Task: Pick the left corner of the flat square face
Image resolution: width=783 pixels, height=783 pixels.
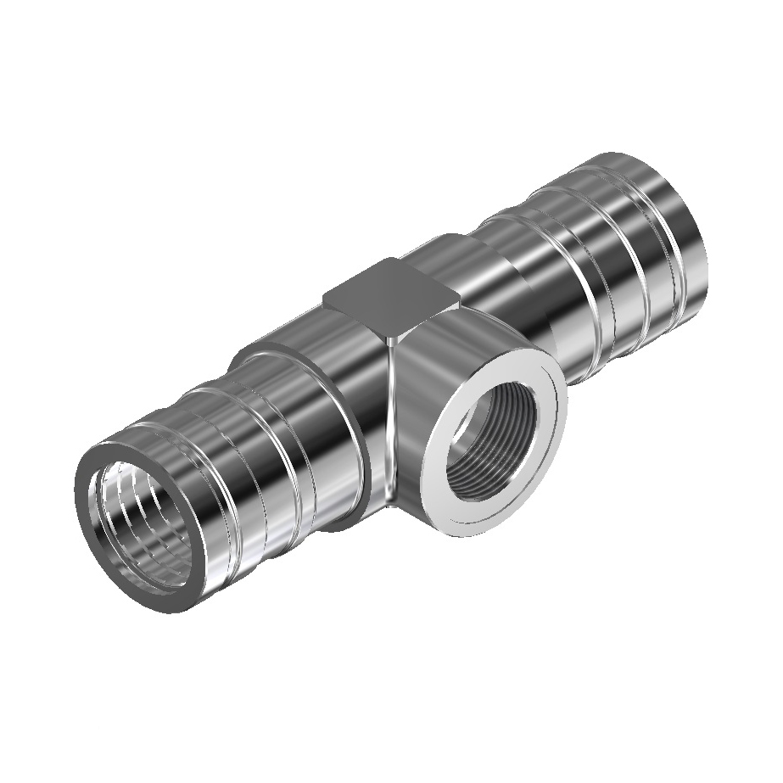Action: pos(324,294)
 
